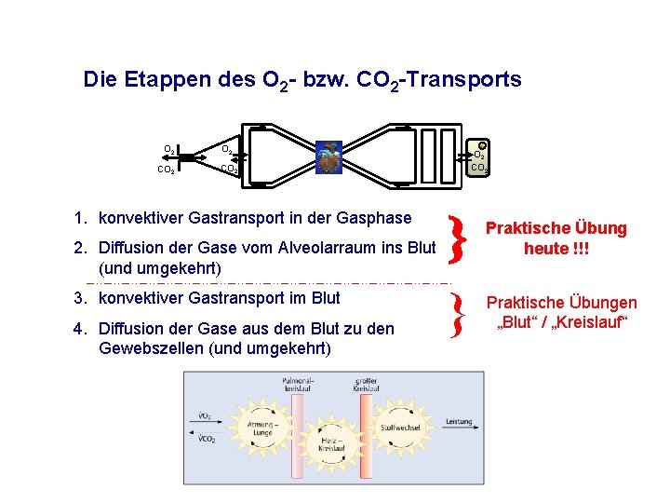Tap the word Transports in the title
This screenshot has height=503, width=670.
tap(471, 80)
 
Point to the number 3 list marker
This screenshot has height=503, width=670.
tap(81, 298)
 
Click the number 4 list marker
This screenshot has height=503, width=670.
tap(81, 329)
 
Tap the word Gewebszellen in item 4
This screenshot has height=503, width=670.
tap(149, 348)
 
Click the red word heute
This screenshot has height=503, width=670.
tap(546, 249)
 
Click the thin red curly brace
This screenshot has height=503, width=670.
tap(456, 317)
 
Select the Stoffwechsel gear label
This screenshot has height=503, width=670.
tap(400, 428)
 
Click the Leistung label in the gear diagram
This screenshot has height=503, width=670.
tap(459, 421)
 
